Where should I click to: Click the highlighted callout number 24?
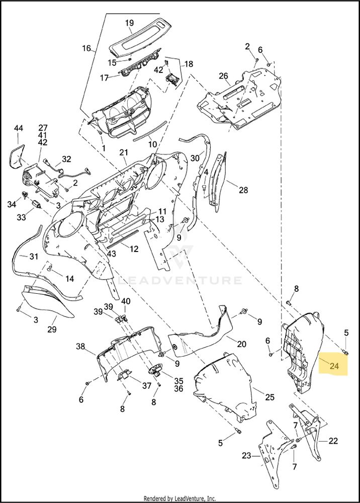pyautogui.click(x=334, y=365)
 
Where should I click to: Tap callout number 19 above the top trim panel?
pyautogui.click(x=129, y=23)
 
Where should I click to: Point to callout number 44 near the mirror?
pyautogui.click(x=19, y=128)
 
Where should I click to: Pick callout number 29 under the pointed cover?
pyautogui.click(x=52, y=329)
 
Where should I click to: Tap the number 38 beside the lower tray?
pyautogui.click(x=81, y=347)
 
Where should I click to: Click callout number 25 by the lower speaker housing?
pyautogui.click(x=270, y=397)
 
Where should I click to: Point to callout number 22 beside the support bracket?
pyautogui.click(x=333, y=441)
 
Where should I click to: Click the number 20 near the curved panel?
pyautogui.click(x=241, y=344)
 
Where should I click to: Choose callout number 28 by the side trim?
pyautogui.click(x=243, y=190)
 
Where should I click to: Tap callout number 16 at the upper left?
pyautogui.click(x=86, y=48)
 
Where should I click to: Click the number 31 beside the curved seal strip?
pyautogui.click(x=34, y=257)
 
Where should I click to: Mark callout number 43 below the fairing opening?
pyautogui.click(x=111, y=254)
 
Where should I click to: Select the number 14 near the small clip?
pyautogui.click(x=69, y=279)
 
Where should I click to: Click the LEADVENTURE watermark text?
pyautogui.click(x=180, y=280)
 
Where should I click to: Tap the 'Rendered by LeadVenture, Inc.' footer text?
pyautogui.click(x=179, y=498)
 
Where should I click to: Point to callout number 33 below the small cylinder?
pyautogui.click(x=21, y=217)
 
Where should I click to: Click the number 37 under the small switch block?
pyautogui.click(x=147, y=385)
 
